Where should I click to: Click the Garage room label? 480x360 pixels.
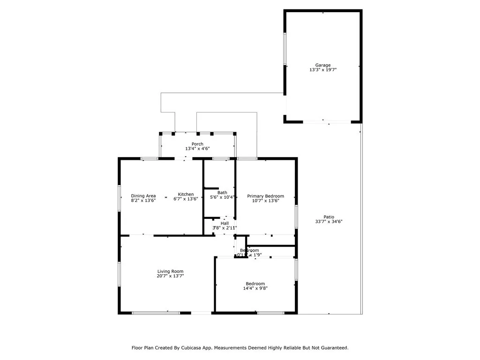click(322, 65)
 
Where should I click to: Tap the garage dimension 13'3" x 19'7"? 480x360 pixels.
click(322, 70)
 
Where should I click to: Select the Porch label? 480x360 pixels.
click(197, 144)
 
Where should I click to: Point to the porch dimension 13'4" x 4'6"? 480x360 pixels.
click(197, 149)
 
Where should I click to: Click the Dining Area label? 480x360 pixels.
click(143, 196)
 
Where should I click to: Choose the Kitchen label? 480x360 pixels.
click(186, 195)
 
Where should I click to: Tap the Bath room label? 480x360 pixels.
click(222, 193)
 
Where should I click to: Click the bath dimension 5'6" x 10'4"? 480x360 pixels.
click(222, 197)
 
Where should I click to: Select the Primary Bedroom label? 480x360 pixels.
click(266, 196)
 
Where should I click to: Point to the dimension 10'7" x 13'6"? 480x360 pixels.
click(266, 201)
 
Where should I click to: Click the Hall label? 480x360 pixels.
click(225, 223)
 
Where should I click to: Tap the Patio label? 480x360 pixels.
click(329, 217)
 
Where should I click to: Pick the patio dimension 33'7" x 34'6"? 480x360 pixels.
click(329, 221)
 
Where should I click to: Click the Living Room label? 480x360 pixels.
click(170, 271)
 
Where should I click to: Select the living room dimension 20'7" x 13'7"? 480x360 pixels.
click(170, 276)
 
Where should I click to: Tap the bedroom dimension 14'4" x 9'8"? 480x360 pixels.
click(255, 288)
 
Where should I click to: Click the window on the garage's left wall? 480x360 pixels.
click(285, 49)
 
